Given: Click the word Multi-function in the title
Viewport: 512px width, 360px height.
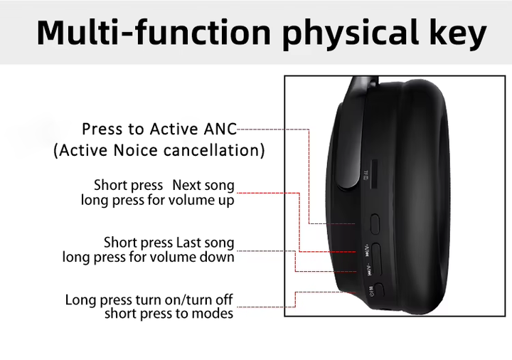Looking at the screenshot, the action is [154, 32].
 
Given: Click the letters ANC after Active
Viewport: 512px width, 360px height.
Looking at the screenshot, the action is [220, 129].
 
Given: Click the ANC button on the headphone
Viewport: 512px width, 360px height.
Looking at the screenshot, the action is [375, 224].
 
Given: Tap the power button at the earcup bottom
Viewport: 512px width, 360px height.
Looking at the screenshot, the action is [380, 290].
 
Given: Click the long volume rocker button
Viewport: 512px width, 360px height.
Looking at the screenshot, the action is [376, 260].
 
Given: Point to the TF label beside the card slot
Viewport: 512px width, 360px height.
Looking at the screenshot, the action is [366, 174].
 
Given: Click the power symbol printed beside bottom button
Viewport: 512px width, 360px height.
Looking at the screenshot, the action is [371, 294].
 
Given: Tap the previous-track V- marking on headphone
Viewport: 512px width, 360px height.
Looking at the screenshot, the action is [369, 270].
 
